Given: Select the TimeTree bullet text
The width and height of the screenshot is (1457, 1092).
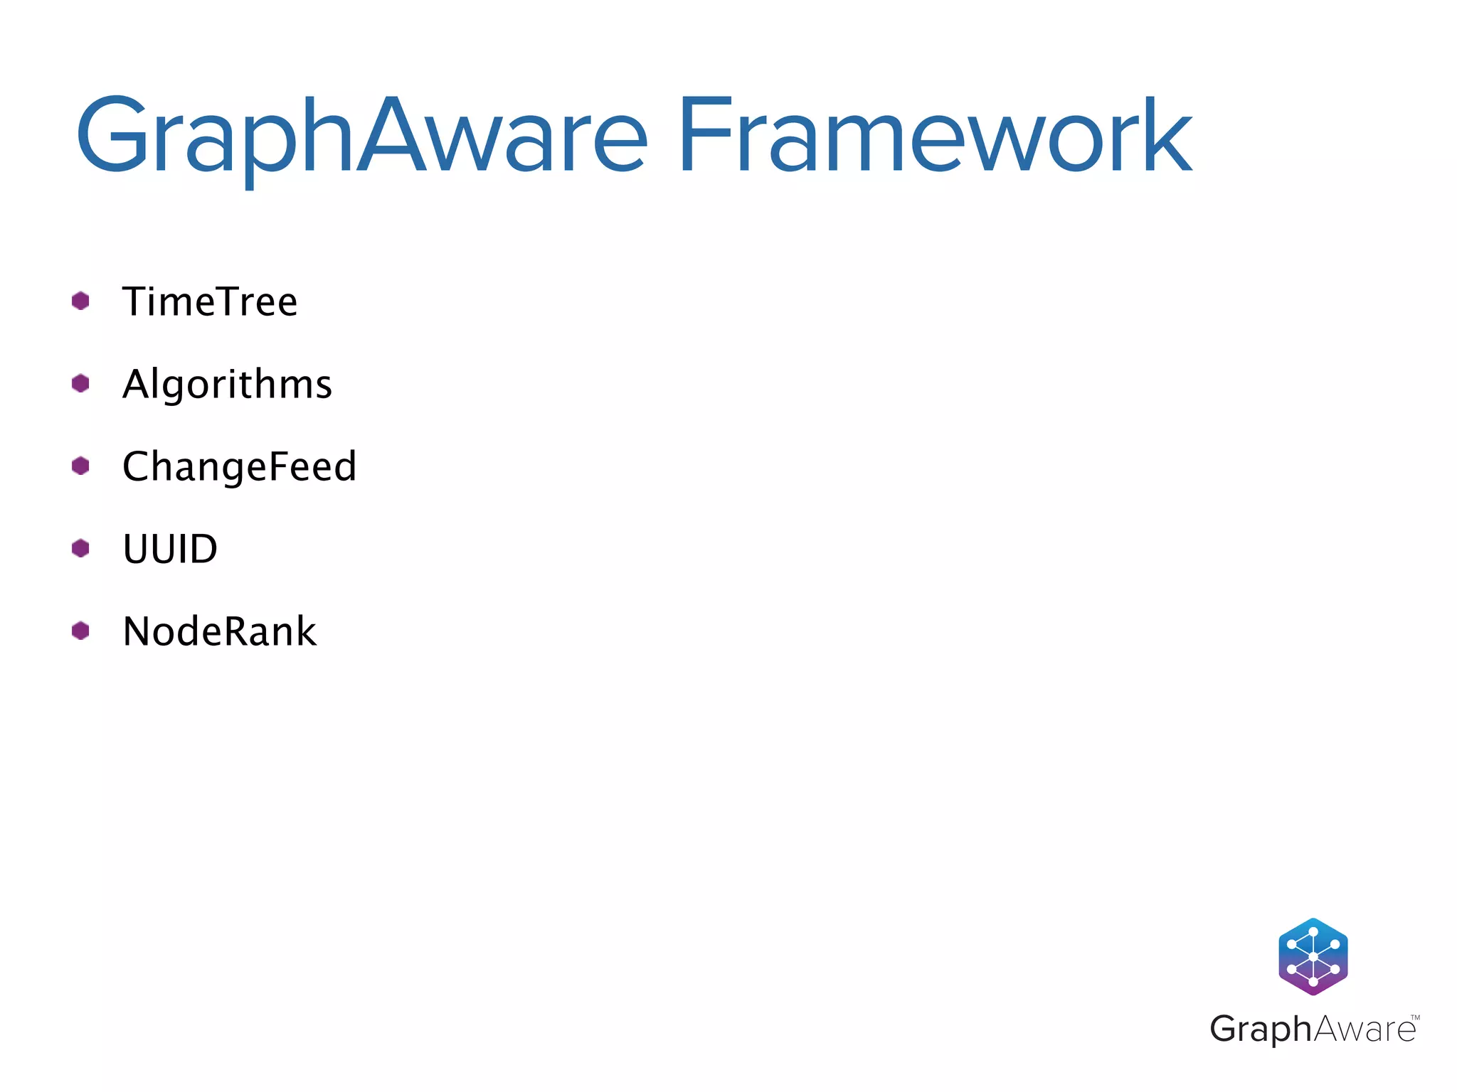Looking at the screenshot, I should tap(210, 301).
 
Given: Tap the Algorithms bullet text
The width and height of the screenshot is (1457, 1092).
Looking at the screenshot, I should tap(227, 385).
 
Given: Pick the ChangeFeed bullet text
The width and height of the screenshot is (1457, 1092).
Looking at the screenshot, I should tap(239, 466).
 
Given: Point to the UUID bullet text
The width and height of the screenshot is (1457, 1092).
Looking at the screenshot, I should tap(170, 549).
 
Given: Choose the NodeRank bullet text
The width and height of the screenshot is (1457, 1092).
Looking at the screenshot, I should tap(219, 631).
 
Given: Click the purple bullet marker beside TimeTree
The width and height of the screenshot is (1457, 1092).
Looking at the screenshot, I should tap(80, 301).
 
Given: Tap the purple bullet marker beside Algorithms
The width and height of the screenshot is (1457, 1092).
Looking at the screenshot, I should tap(80, 383).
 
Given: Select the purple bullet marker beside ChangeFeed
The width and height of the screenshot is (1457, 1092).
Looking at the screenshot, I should tap(80, 466).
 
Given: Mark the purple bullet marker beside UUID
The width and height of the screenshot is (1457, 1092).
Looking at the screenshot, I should tap(80, 548).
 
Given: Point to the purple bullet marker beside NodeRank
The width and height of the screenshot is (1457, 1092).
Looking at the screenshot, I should tap(80, 631).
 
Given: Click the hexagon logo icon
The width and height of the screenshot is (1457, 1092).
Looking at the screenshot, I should tap(1313, 956).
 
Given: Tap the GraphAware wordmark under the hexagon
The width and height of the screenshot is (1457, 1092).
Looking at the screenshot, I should tap(1313, 1029).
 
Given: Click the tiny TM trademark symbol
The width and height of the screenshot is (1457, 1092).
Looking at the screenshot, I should tap(1415, 1018).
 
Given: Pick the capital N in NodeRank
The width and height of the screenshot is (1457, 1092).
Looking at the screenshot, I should tap(138, 631).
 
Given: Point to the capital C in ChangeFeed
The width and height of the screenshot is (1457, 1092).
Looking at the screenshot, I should tap(137, 466).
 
